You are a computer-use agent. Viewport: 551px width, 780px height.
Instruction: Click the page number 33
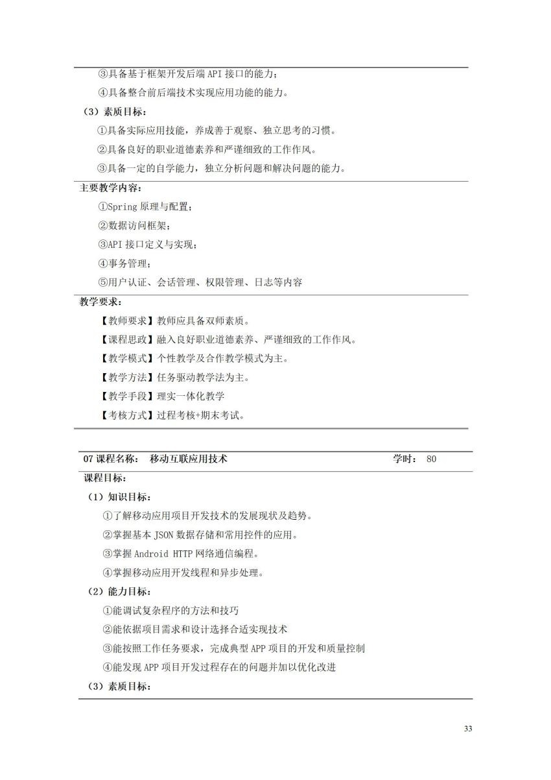click(468, 728)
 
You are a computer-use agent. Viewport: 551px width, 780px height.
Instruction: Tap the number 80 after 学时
click(432, 459)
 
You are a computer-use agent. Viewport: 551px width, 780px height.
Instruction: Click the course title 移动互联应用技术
click(188, 459)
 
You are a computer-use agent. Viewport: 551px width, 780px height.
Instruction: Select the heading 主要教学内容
click(109, 188)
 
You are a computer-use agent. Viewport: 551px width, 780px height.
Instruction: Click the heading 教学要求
click(100, 302)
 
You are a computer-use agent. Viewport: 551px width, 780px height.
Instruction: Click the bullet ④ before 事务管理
click(102, 263)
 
